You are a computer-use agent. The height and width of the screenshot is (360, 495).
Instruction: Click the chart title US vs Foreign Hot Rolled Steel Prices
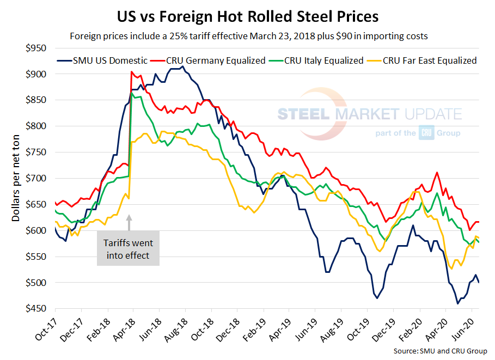click(247, 16)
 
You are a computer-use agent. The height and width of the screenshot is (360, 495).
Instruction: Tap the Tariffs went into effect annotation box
click(128, 249)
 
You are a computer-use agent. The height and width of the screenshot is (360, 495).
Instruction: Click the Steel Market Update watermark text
click(369, 114)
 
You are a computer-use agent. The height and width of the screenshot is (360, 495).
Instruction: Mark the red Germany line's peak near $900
click(132, 72)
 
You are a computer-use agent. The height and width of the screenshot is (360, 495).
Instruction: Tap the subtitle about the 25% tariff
click(247, 36)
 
